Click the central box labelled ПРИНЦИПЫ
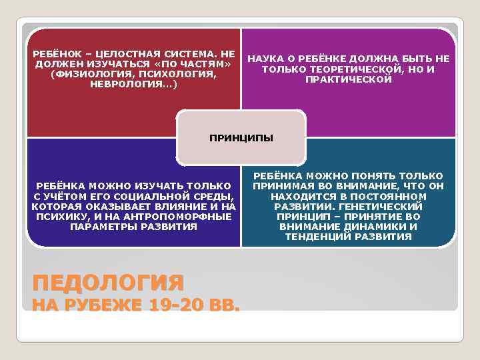[x=241, y=139]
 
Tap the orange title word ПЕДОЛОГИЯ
[x=107, y=282]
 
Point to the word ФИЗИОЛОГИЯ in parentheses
[x=87, y=73]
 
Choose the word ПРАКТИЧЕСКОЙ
[x=349, y=79]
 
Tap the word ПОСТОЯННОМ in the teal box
[x=396, y=197]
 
